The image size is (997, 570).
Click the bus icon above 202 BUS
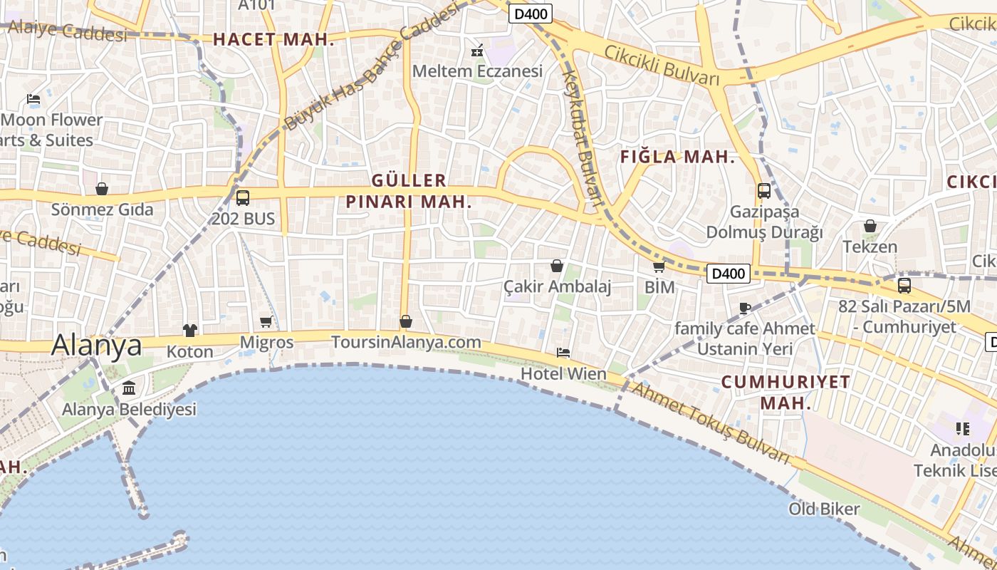[x=243, y=198]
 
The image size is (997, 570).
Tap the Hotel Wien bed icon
[x=563, y=353]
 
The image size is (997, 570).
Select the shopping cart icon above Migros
[x=266, y=322]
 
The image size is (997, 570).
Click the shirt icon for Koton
[x=190, y=330]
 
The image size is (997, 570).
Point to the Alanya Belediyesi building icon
[x=129, y=388]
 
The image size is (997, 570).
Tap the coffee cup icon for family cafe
[x=745, y=308]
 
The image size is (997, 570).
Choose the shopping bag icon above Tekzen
[x=870, y=226]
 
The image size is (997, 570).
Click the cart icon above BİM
[x=659, y=266]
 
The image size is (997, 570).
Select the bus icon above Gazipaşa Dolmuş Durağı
[x=764, y=191]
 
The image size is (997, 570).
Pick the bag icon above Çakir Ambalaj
[x=557, y=266]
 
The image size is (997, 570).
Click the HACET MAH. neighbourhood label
[x=273, y=40]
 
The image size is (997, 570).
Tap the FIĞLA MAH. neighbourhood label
[x=677, y=157]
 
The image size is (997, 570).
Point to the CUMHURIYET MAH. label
[x=785, y=392]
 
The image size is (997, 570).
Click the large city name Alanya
[x=97, y=345]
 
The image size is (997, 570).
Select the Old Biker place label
[x=824, y=509]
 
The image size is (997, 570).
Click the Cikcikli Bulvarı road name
[x=662, y=66]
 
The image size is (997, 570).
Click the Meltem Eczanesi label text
[x=477, y=71]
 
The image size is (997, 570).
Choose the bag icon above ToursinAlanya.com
[x=406, y=321]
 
